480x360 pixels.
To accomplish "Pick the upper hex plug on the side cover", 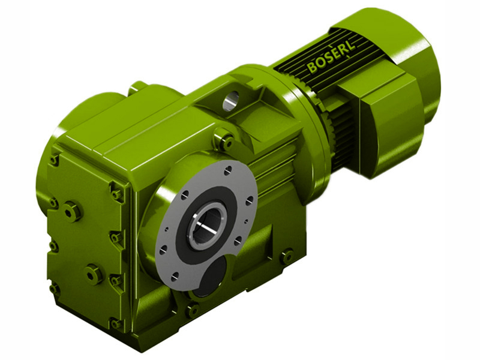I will [x=72, y=211].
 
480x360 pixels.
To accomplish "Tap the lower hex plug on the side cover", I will [x=94, y=274].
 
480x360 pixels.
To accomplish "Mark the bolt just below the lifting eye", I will [x=226, y=143].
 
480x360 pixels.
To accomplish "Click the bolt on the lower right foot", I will [x=287, y=256].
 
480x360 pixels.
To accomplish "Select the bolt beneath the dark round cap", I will [x=193, y=310].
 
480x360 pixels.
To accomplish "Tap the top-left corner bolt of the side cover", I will [x=55, y=160].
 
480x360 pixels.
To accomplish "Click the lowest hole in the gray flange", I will [x=174, y=278].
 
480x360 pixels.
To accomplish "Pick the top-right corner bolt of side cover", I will [x=116, y=194].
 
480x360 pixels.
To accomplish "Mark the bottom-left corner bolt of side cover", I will [x=55, y=289].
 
